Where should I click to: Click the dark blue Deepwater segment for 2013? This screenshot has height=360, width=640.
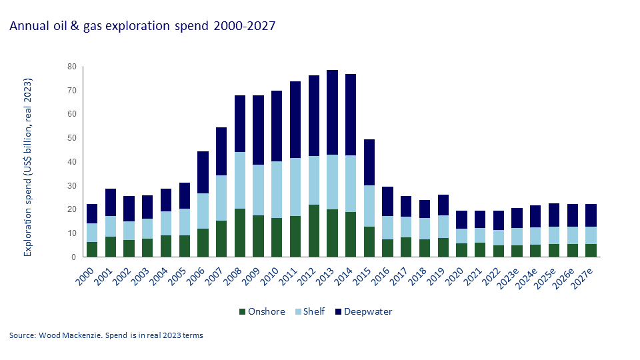coord(332,112)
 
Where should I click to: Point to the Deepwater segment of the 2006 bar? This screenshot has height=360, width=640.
coord(203,172)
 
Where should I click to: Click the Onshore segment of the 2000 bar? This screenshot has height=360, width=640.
coord(92,249)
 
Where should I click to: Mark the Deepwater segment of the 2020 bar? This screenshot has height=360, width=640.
coord(461,219)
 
